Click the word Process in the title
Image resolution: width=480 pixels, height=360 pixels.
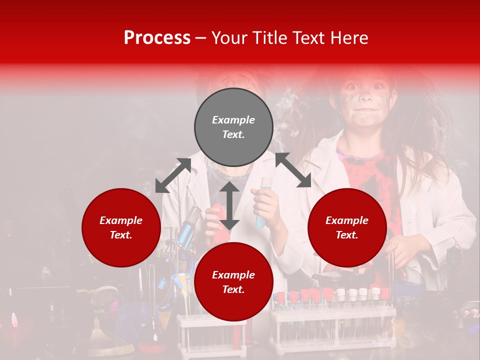click(x=157, y=38)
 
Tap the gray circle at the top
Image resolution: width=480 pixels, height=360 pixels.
click(x=233, y=127)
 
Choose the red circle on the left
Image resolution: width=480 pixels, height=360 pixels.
click(x=121, y=227)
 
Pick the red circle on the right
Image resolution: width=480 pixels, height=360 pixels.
click(x=347, y=227)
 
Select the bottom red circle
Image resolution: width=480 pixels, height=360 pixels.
click(x=233, y=281)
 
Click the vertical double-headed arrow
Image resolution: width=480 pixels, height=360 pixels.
click(x=229, y=205)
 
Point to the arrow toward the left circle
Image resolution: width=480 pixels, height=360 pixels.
click(x=173, y=175)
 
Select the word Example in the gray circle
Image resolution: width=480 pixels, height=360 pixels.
click(x=233, y=120)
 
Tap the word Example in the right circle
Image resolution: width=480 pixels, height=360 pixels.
click(x=347, y=220)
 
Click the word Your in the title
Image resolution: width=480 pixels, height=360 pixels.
click(x=229, y=38)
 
